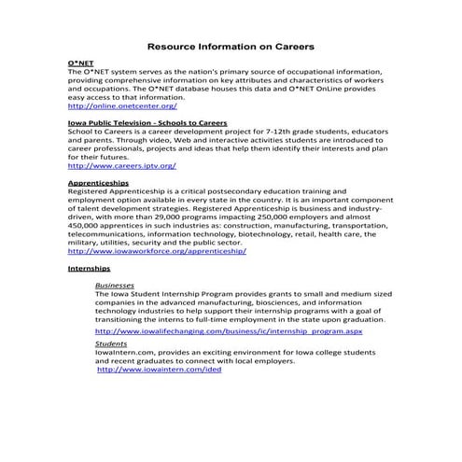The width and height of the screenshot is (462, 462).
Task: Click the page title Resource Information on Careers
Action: [x=231, y=45]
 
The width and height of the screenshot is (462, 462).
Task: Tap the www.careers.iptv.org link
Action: [x=121, y=165]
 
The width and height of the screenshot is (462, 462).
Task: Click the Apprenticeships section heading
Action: [x=98, y=184]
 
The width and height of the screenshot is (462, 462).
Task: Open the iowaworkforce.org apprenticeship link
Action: [x=157, y=251]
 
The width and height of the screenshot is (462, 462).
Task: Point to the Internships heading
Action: [x=89, y=268]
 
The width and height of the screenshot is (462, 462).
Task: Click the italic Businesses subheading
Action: [x=115, y=285]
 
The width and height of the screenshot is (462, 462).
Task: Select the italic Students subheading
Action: [x=111, y=343]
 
